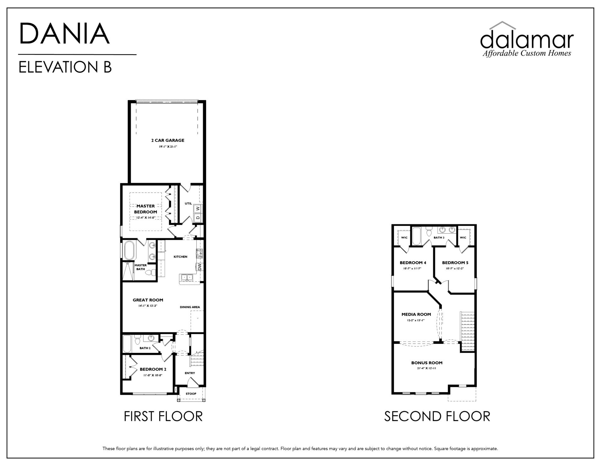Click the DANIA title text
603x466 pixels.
click(x=64, y=34)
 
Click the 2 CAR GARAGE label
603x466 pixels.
click(x=168, y=140)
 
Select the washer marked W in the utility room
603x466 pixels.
click(x=198, y=208)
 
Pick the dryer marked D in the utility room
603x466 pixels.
click(x=198, y=217)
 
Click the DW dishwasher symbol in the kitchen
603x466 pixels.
click(x=200, y=267)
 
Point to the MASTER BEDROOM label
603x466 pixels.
click(x=145, y=209)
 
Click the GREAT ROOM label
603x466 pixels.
click(x=148, y=300)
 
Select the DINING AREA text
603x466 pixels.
click(x=190, y=307)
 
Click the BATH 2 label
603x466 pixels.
click(x=145, y=348)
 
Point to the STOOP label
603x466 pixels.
click(x=191, y=393)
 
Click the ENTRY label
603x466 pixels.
click(x=190, y=373)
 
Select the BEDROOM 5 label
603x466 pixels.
click(x=455, y=263)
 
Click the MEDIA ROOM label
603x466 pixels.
click(x=416, y=314)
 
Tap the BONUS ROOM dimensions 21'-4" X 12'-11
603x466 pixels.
click(x=426, y=368)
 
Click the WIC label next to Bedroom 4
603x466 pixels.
click(x=404, y=237)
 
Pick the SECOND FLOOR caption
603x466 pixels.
click(x=437, y=416)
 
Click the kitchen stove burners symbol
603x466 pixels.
click(x=199, y=253)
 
